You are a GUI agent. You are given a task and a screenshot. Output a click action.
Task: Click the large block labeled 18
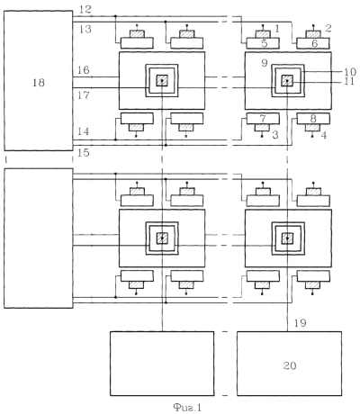(x=39, y=81)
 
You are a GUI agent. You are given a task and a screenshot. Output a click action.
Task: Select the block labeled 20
(x=289, y=364)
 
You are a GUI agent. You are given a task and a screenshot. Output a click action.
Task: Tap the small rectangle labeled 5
(x=263, y=43)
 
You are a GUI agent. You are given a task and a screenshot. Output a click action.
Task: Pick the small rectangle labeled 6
(x=313, y=43)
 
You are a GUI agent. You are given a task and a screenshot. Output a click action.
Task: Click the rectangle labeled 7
(x=263, y=119)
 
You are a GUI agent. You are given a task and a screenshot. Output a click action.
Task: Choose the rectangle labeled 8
(x=313, y=119)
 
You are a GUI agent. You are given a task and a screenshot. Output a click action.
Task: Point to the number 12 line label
(x=85, y=9)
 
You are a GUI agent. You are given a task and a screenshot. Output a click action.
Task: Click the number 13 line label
(x=85, y=29)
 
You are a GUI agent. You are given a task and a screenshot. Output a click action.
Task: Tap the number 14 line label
(x=84, y=131)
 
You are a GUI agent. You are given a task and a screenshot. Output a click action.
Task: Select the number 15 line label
(x=84, y=153)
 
